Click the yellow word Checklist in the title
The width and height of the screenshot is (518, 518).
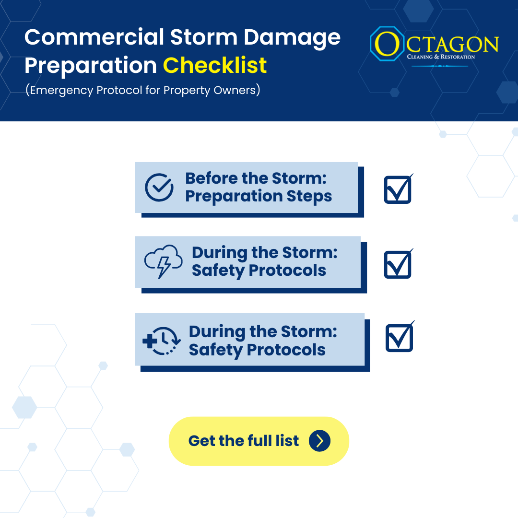click(x=215, y=65)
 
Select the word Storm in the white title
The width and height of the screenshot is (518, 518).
click(x=213, y=37)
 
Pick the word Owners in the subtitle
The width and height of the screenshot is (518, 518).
click(x=238, y=90)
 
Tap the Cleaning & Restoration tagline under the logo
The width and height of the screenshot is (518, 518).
click(x=440, y=57)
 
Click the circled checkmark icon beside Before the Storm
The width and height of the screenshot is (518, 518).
click(x=159, y=188)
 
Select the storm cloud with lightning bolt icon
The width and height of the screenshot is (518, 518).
click(x=163, y=262)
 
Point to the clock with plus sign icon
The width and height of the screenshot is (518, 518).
click(x=161, y=341)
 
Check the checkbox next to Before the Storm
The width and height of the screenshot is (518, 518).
click(x=398, y=189)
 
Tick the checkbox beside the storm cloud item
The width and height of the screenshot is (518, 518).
click(x=398, y=264)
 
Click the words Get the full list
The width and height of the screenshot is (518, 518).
click(x=244, y=441)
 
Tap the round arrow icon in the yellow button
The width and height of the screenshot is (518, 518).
click(x=319, y=441)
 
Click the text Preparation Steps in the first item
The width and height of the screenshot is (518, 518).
click(x=259, y=196)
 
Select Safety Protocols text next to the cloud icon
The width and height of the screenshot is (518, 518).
click(x=259, y=271)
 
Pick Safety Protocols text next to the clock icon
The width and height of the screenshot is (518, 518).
click(x=257, y=350)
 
